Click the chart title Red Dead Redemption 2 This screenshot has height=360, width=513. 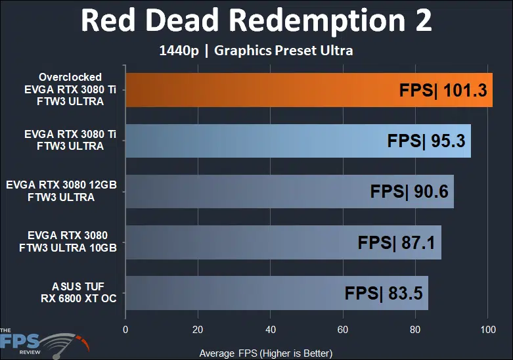point(256,21)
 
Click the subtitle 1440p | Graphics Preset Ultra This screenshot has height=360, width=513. point(256,51)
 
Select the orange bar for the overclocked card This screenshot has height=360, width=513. point(263,90)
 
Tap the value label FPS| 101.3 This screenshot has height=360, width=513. point(444,90)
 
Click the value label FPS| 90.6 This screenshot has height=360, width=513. point(410,191)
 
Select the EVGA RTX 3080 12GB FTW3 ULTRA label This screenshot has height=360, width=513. point(60,191)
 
